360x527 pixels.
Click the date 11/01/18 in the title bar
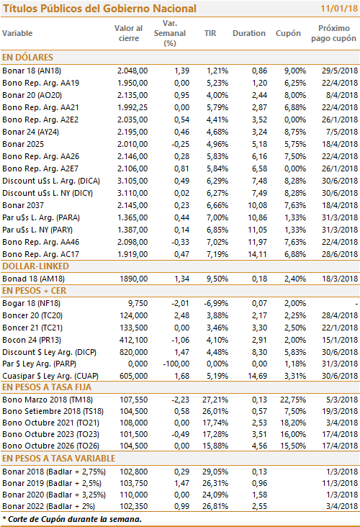[339, 8]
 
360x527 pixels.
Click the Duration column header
[248, 33]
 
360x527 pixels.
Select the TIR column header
[210, 33]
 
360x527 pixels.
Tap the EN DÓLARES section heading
[27, 57]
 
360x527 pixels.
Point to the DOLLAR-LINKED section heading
[35, 266]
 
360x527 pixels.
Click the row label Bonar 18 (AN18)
[32, 71]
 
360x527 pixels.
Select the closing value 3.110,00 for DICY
[132, 193]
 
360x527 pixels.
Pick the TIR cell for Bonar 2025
[217, 144]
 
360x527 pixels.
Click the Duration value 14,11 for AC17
[258, 254]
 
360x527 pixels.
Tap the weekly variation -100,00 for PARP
[176, 364]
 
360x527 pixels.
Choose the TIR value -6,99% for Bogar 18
[216, 303]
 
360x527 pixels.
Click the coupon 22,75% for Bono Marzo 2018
[293, 400]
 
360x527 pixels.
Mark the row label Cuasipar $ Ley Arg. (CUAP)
[50, 376]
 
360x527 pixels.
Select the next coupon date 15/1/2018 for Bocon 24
[340, 340]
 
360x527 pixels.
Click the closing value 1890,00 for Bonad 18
[134, 279]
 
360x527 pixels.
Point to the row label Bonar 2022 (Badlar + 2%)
[48, 506]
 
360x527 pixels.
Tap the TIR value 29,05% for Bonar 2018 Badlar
[215, 472]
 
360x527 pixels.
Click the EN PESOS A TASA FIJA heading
[47, 387]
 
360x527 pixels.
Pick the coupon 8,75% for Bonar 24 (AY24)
[295, 132]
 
